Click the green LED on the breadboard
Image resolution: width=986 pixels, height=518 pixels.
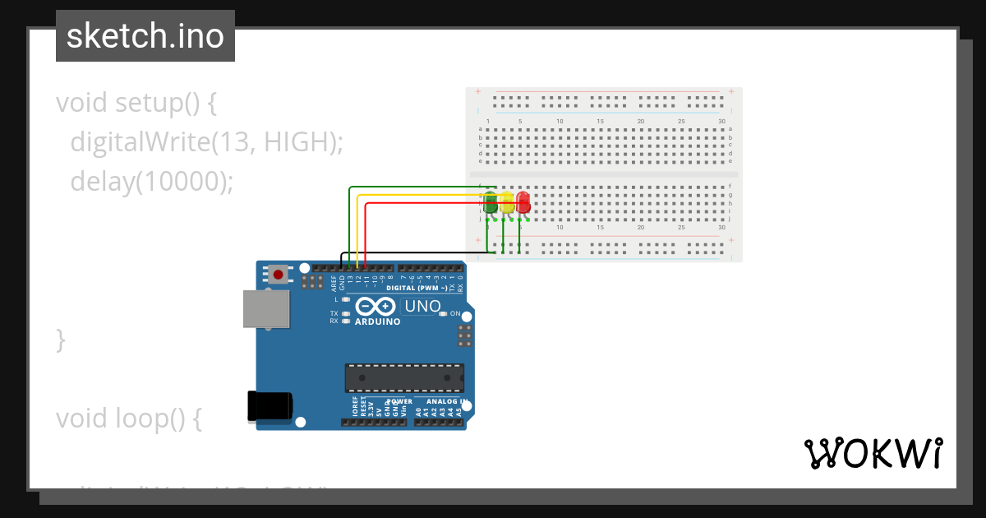tap(491, 203)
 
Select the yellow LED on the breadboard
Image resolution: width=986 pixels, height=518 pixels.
tap(507, 203)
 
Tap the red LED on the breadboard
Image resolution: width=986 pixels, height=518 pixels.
tap(523, 203)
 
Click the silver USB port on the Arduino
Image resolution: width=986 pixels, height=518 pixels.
tap(265, 309)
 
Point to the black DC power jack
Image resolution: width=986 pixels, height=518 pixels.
tap(270, 406)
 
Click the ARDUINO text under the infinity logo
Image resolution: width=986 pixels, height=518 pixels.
tap(377, 322)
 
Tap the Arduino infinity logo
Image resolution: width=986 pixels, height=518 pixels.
tap(376, 308)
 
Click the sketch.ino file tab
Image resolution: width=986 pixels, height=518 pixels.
tap(145, 36)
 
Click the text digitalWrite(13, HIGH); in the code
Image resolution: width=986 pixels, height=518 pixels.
tap(206, 142)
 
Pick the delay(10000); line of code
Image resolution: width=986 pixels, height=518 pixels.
tap(152, 181)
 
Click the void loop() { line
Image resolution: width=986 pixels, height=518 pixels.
tap(129, 419)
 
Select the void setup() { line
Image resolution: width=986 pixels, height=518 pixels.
tap(136, 104)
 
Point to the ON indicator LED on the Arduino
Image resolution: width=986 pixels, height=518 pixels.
tap(443, 314)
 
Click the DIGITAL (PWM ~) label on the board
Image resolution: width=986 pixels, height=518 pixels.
tap(417, 289)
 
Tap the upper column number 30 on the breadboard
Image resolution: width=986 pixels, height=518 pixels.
tap(721, 122)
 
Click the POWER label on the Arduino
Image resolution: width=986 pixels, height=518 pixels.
tap(399, 402)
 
